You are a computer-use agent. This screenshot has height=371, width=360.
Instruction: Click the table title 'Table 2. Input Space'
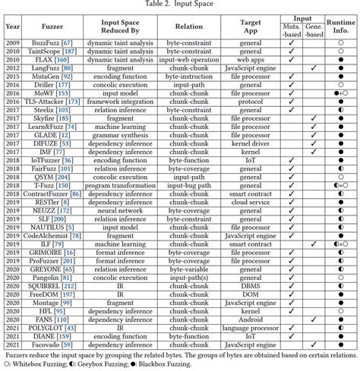(x=180, y=5)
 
